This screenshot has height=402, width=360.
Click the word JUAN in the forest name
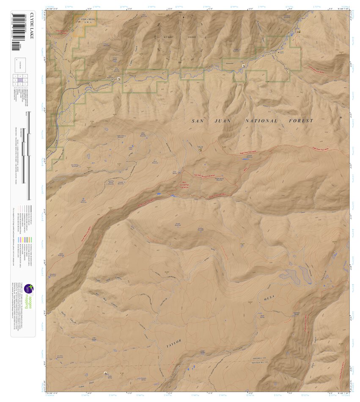[x=223, y=121]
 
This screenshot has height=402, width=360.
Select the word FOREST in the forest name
[x=301, y=121]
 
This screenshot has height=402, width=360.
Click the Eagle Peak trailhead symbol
[x=200, y=150]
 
